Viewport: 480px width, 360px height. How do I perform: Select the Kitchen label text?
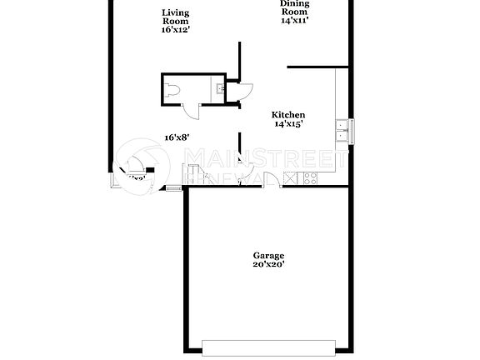pos(289,115)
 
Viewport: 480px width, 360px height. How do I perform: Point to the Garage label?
pos(269,256)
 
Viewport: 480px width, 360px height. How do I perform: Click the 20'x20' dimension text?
pos(269,265)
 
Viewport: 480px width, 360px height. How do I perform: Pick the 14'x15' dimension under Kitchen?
pos(289,124)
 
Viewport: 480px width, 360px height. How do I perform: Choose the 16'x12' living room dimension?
pos(175,29)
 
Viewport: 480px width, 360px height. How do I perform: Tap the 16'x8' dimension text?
pos(177,137)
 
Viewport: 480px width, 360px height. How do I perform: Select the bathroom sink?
pos(217,87)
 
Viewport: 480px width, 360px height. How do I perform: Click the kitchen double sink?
pos(342,127)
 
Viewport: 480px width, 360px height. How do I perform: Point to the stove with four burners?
pos(310,177)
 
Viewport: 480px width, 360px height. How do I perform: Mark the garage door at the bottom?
pos(269,344)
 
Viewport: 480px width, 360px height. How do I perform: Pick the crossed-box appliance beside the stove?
pos(290,177)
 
